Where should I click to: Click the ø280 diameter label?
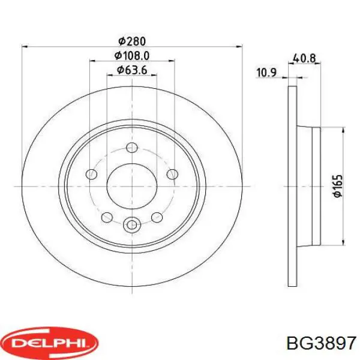click(x=132, y=41)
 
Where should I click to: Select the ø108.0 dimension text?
click(x=132, y=56)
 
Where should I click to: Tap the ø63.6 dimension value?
click(x=132, y=71)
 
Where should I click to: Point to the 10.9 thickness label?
click(x=265, y=73)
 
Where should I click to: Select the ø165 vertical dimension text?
click(x=338, y=186)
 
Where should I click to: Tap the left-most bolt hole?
click(x=92, y=174)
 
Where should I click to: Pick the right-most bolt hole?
click(x=172, y=174)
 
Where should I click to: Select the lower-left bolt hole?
click(x=107, y=217)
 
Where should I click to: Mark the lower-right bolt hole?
click(x=157, y=217)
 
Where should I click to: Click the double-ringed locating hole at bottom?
click(x=132, y=226)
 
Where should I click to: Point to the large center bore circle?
click(x=132, y=186)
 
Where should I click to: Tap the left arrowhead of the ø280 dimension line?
click(x=25, y=46)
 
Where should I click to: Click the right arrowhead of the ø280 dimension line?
click(x=239, y=46)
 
